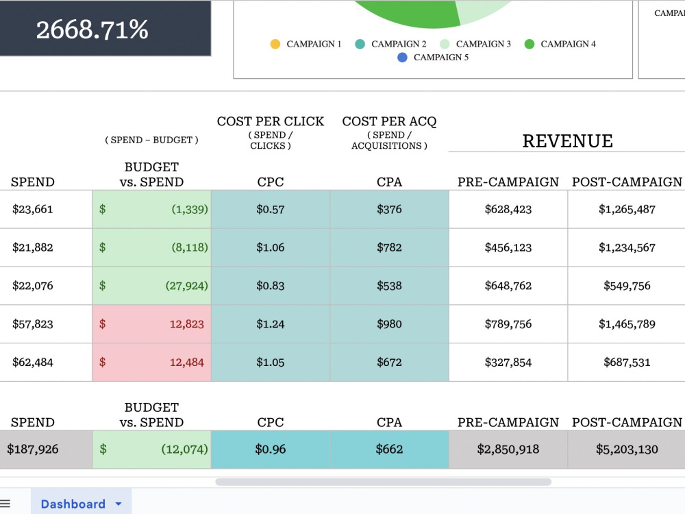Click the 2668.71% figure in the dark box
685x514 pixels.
click(92, 29)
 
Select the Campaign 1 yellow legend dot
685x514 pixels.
click(275, 44)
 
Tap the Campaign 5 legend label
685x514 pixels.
click(440, 58)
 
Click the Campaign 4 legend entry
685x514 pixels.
click(560, 44)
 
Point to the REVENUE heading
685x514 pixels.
click(567, 141)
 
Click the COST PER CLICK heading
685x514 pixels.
click(271, 121)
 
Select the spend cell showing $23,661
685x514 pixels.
click(33, 209)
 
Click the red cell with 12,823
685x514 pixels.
click(151, 324)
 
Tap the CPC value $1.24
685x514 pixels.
click(271, 324)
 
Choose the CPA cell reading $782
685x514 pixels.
click(389, 247)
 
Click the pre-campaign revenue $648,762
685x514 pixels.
click(508, 286)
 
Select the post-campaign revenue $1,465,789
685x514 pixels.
click(627, 324)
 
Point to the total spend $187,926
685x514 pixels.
click(33, 450)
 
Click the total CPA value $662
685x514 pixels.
click(389, 450)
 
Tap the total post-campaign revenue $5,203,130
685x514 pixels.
click(627, 450)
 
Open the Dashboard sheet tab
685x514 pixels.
click(73, 504)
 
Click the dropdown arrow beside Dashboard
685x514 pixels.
click(119, 504)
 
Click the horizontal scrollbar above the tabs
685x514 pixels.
click(383, 482)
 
